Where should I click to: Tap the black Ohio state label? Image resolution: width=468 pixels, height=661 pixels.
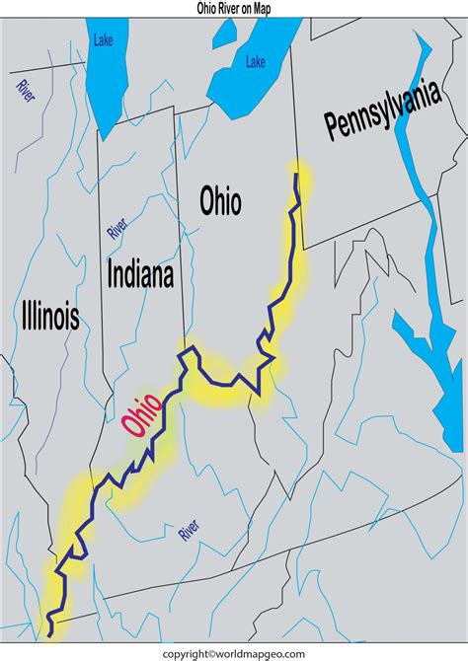coord(220,202)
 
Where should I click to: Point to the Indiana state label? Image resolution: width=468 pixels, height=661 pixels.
coord(140,274)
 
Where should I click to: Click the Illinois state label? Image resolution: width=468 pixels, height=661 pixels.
coord(49,316)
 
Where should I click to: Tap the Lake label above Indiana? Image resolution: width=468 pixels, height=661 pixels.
coord(104,40)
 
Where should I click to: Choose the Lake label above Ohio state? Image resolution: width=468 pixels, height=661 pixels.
coord(256,62)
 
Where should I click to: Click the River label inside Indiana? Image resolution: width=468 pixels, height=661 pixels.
coord(117,229)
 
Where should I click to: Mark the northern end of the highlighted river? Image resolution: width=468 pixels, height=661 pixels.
coord(296,174)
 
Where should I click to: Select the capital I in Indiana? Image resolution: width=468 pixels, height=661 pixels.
coord(111,274)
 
